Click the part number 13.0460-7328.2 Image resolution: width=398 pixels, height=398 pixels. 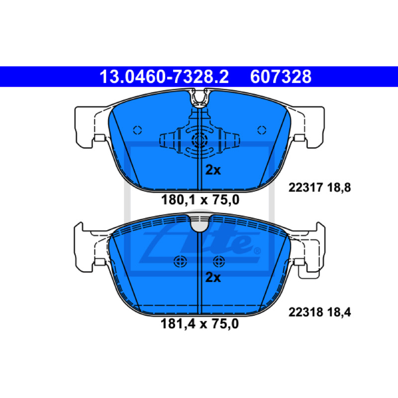(164, 77)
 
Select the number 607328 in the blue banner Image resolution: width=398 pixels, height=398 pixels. (281, 77)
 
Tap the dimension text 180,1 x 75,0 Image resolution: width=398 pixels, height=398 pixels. (200, 200)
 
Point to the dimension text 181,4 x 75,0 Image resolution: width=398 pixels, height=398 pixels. (200, 324)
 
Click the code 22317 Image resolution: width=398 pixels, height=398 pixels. (305, 188)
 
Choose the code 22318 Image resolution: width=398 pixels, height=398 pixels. (305, 312)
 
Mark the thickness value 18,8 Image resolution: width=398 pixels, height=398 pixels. (339, 188)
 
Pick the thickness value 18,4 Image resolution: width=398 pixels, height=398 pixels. (339, 312)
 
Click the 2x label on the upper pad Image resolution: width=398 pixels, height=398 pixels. (213, 170)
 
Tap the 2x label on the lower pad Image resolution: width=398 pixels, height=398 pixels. (213, 277)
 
